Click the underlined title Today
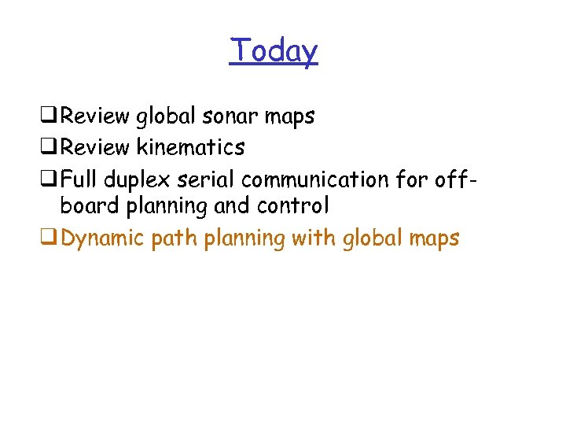pos(274,51)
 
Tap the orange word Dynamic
pos(102,238)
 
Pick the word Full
pos(77,179)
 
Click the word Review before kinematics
pos(94,147)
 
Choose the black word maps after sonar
pos(289,117)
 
